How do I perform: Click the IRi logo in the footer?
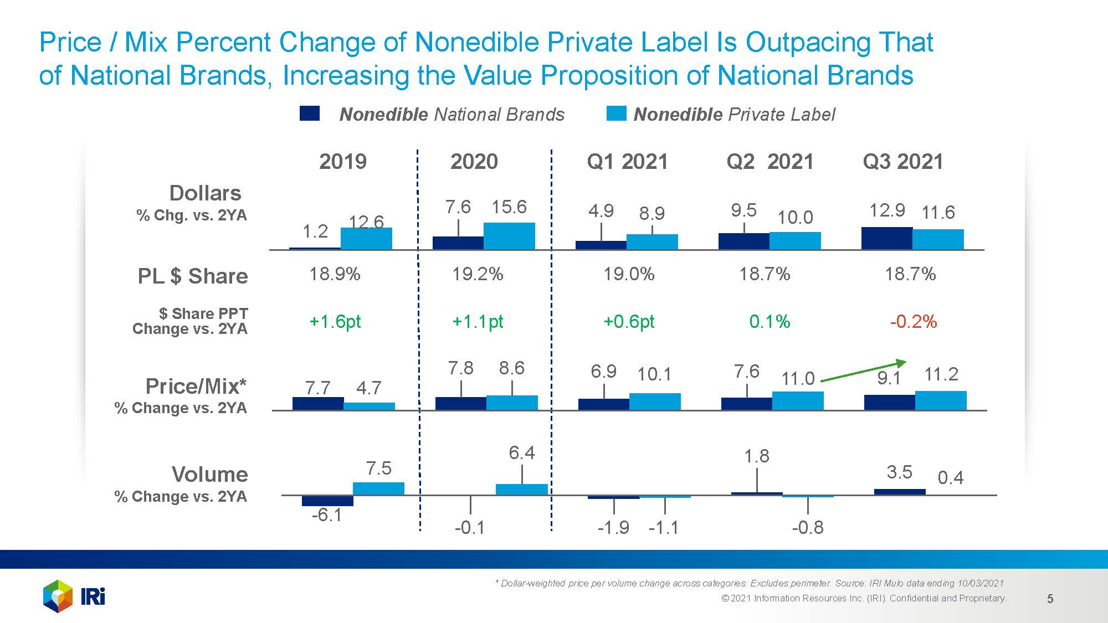point(74,596)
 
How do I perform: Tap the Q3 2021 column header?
point(902,162)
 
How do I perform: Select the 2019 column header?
point(343,162)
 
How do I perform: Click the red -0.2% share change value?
point(913,322)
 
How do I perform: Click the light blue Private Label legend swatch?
point(616,114)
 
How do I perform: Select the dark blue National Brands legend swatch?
point(309,114)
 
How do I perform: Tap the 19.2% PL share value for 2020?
point(478,274)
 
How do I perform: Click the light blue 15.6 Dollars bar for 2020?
point(509,236)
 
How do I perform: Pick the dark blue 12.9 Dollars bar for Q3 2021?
point(886,239)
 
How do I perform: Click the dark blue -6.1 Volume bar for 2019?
point(327,501)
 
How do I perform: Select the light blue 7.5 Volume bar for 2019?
point(378,488)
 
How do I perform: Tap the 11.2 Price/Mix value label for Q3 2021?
point(941,374)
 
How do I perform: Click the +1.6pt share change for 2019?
point(335,322)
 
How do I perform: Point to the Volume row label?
point(209,475)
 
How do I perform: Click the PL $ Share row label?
point(193,276)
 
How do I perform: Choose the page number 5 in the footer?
point(1050,599)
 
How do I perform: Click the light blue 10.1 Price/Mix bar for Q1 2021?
point(655,401)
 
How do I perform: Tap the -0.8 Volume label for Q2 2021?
point(807,527)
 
